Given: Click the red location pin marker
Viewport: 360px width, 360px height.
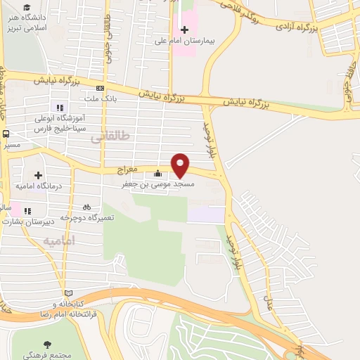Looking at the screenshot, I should [x=181, y=165].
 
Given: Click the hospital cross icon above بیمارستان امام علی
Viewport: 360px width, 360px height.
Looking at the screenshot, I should [x=185, y=30].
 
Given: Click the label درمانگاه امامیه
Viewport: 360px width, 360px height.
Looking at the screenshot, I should [x=40, y=186].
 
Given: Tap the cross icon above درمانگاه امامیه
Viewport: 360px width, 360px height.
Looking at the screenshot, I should [x=39, y=175].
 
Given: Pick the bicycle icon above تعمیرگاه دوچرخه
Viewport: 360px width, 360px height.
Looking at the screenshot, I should [x=86, y=207].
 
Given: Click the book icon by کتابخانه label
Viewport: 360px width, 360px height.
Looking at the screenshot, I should [x=68, y=292].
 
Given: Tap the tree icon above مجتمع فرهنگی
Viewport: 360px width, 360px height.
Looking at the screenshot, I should [x=47, y=344].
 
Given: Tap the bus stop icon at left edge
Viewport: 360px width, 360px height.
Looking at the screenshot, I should [x=6, y=134].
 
